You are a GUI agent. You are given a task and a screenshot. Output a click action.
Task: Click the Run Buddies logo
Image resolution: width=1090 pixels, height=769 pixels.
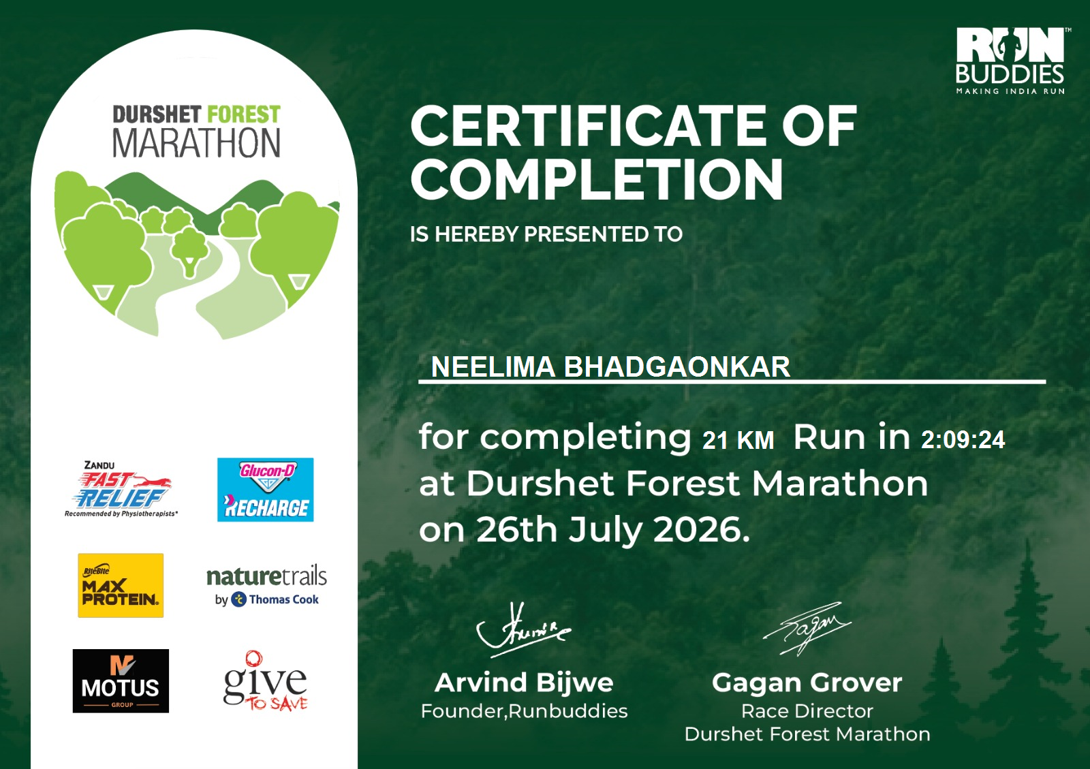[x=1011, y=61]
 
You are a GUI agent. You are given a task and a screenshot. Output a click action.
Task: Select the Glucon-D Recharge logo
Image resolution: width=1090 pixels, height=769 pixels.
[x=265, y=489]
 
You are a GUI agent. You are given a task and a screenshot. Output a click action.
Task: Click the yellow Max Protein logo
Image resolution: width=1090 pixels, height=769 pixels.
[x=121, y=585]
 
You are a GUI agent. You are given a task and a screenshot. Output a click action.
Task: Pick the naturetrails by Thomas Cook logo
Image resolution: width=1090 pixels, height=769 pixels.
[x=266, y=586]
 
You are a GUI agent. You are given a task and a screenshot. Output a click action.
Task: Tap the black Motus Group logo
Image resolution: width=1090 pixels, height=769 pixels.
[x=121, y=680]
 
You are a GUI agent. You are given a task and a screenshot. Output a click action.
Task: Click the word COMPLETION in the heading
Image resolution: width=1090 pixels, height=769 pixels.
[x=597, y=180]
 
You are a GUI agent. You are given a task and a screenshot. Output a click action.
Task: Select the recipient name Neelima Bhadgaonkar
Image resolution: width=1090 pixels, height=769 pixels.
[x=610, y=366]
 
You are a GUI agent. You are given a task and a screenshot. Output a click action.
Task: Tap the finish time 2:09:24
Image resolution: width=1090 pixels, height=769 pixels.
[x=963, y=440]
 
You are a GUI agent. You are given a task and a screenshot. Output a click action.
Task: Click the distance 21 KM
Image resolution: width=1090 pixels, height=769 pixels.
[x=738, y=440]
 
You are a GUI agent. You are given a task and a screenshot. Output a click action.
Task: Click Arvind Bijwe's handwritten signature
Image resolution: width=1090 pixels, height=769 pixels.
[x=523, y=629]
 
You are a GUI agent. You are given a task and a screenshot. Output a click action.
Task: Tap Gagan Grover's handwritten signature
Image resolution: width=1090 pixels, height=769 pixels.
[x=807, y=627]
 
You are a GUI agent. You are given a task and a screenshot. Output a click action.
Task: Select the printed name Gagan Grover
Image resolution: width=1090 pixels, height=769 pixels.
[x=807, y=682]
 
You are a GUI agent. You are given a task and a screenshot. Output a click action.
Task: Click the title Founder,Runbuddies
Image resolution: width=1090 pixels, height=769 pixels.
[x=524, y=711]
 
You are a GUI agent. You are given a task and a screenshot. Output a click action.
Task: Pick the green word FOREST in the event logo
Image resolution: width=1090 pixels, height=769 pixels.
[x=244, y=115]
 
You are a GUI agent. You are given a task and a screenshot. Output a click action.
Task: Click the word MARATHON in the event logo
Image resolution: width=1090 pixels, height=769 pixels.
[x=197, y=143]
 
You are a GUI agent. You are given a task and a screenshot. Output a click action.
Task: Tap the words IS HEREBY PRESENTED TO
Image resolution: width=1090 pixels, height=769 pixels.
[x=546, y=234]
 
